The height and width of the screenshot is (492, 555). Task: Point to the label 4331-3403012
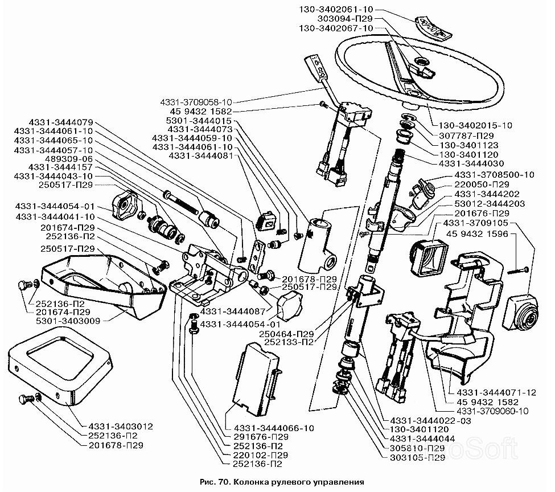pos(121,427)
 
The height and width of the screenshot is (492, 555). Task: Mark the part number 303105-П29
pos(418,458)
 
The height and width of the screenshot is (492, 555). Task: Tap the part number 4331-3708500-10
pos(495,174)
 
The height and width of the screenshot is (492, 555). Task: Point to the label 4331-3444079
pos(53,122)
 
